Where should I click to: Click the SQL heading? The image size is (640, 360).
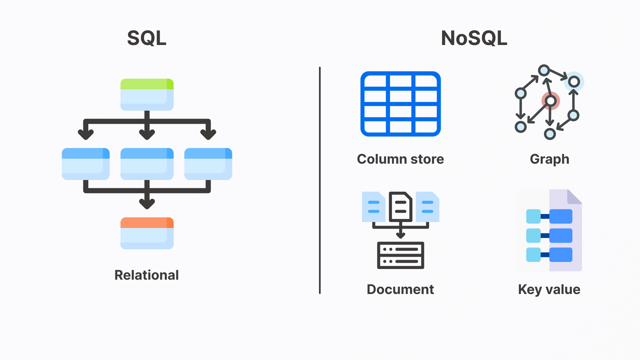[147, 38]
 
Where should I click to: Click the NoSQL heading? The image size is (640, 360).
[474, 38]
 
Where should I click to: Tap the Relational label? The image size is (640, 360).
[147, 275]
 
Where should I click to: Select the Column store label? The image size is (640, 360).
[400, 159]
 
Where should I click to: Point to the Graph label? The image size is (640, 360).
[549, 159]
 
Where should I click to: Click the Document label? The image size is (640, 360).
[400, 289]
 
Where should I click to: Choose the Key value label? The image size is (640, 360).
[549, 289]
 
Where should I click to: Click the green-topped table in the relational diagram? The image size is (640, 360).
[147, 94]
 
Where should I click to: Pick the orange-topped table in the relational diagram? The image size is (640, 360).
[147, 233]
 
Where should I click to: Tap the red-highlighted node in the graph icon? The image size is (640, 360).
[551, 101]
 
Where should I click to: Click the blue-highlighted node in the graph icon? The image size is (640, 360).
[574, 82]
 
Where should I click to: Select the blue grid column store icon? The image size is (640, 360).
[400, 104]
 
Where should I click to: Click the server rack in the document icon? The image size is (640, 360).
[400, 255]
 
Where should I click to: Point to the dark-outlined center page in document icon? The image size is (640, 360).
[400, 207]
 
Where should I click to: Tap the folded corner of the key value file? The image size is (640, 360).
[574, 197]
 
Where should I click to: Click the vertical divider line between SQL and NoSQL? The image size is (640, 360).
[320, 180]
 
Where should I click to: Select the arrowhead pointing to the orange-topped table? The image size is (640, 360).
[147, 203]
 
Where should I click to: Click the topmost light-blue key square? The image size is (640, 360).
[533, 216]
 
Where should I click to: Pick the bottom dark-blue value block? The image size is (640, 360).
[561, 255]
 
